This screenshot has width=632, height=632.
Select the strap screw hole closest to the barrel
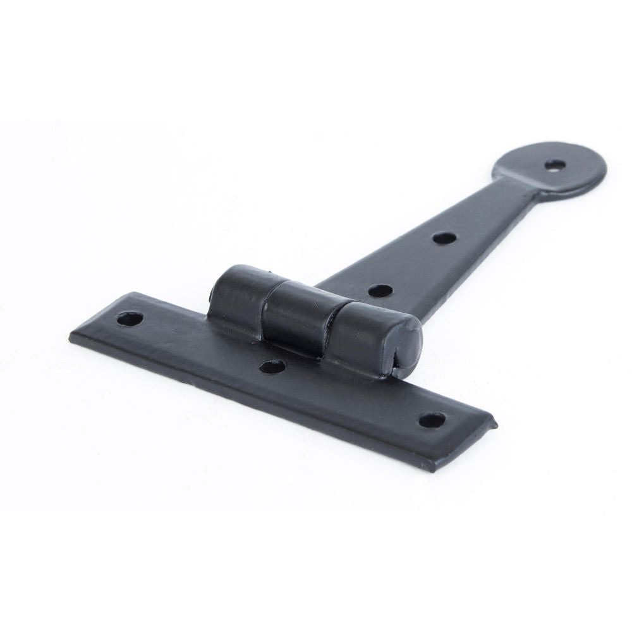[379, 291]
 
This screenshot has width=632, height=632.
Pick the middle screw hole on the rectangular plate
[272, 367]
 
